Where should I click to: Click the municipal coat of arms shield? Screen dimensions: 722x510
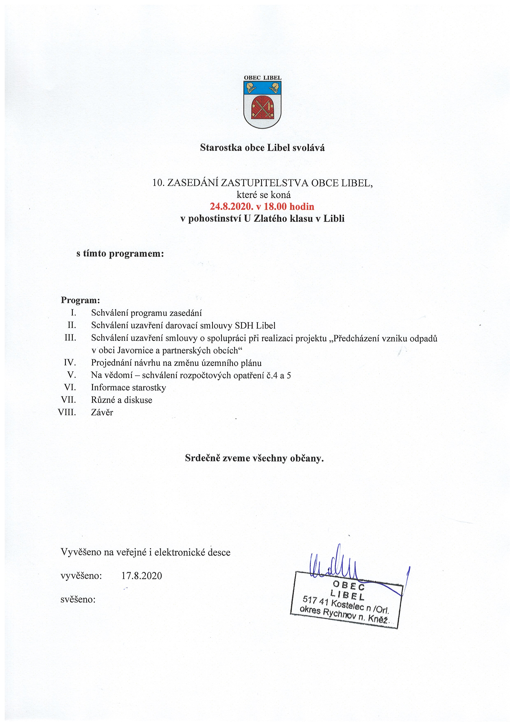click(x=262, y=104)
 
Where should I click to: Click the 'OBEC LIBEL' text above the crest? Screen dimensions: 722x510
click(x=262, y=78)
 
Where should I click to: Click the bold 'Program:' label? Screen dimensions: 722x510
click(x=80, y=300)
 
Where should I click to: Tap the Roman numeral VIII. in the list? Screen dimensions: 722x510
click(x=67, y=412)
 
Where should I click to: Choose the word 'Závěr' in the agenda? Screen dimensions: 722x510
click(x=102, y=412)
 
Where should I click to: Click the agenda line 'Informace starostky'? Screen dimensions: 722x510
click(x=128, y=387)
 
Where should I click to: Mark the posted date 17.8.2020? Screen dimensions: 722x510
click(x=142, y=576)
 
